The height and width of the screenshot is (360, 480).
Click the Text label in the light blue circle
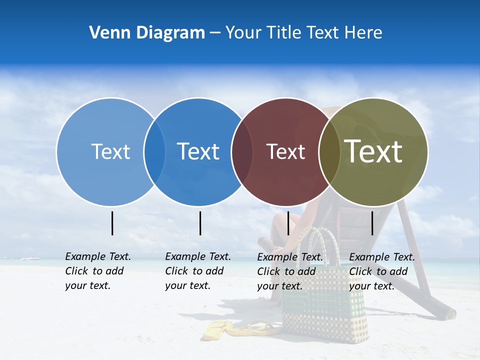pyautogui.click(x=110, y=151)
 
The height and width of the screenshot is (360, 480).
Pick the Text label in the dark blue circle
pyautogui.click(x=198, y=151)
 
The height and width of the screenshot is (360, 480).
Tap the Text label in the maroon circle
pyautogui.click(x=285, y=151)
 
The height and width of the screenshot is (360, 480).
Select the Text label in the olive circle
pyautogui.click(x=373, y=151)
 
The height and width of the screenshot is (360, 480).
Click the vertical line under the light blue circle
pyautogui.click(x=112, y=223)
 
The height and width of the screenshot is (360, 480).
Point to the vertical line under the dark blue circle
pyautogui.click(x=200, y=223)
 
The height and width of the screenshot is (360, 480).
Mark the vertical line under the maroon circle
pyautogui.click(x=288, y=223)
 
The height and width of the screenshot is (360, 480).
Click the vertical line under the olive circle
pyautogui.click(x=372, y=223)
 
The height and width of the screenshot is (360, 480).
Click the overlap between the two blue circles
pyautogui.click(x=154, y=152)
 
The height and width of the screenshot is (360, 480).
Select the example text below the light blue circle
pyautogui.click(x=97, y=271)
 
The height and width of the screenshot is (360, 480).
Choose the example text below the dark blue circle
pyautogui.click(x=197, y=271)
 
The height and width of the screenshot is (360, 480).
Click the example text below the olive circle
pyautogui.click(x=381, y=271)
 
